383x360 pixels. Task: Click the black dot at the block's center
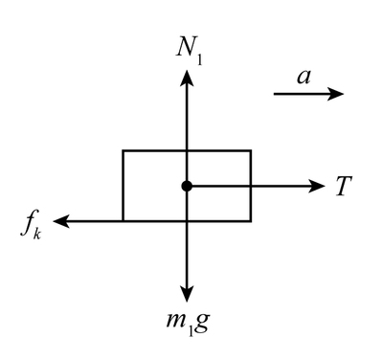pos(187,186)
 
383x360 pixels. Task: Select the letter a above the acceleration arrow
pos(304,78)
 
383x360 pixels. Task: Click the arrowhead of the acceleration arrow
pos(337,94)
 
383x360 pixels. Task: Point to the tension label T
pos(342,187)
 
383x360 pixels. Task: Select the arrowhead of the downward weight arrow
pos(187,294)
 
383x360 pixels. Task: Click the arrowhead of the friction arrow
pos(60,221)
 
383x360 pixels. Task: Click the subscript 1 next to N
pos(199,56)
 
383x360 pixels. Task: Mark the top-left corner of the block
pos(123,150)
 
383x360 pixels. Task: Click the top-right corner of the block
pos(251,150)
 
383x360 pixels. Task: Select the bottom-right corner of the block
pos(251,221)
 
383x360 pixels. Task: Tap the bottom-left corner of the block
pos(123,221)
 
